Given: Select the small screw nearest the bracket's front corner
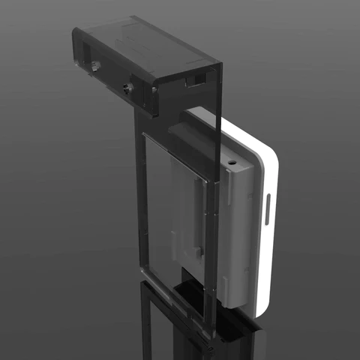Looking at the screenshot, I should [x=154, y=90].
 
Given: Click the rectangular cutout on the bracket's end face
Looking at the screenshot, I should [x=196, y=77].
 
